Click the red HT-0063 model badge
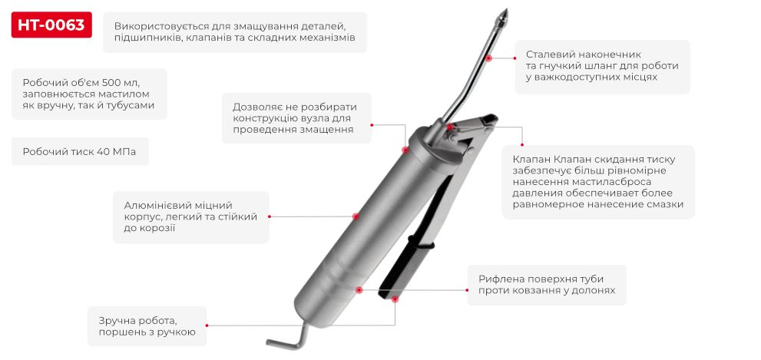tap(51, 25)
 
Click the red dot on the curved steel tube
tap(487, 57)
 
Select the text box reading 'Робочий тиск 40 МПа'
tap(80, 152)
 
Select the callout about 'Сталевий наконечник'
tap(602, 66)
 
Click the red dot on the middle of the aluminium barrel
tap(356, 216)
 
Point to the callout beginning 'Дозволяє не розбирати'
tap(296, 118)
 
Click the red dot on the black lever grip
tap(395, 298)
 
